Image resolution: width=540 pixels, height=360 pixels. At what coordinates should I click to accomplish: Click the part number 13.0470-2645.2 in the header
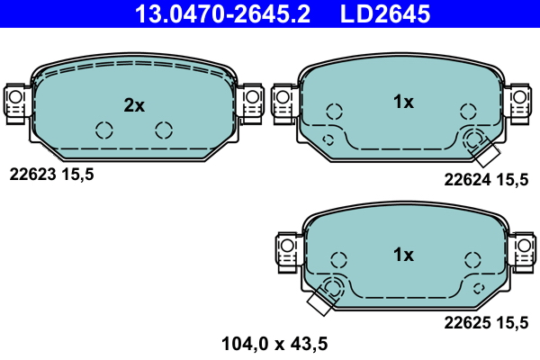[222, 13]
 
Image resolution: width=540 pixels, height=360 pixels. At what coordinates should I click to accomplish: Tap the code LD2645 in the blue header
[385, 13]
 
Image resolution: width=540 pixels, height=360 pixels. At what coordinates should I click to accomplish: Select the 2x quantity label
[134, 105]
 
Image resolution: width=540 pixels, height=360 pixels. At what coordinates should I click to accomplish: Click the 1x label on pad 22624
[403, 102]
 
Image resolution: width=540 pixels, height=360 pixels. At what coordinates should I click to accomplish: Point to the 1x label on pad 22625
[403, 255]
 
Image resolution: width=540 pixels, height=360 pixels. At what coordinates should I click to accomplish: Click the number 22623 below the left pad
[32, 175]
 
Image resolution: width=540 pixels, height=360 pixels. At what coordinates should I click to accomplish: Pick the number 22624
[467, 179]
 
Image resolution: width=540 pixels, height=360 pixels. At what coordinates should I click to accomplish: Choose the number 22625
[467, 323]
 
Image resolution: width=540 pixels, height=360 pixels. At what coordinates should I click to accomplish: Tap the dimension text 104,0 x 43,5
[274, 344]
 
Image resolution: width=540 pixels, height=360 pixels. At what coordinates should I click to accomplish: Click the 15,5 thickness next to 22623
[77, 175]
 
